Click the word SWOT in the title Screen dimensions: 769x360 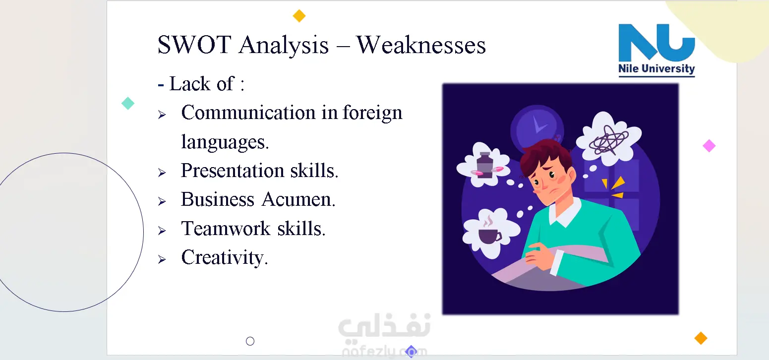tap(194, 45)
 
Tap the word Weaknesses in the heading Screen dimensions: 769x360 tap(421, 45)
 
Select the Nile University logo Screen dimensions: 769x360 tap(656, 50)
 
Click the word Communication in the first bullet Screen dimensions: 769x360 tap(248, 113)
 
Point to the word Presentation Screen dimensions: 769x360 tap(233, 171)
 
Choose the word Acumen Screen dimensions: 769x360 tap(298, 199)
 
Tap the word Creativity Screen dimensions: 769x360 tap(225, 258)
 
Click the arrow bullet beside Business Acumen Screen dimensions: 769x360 tap(162, 201)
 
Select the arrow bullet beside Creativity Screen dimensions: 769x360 tap(162, 259)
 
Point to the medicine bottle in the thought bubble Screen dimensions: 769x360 tap(485, 165)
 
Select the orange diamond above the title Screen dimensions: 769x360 tap(299, 16)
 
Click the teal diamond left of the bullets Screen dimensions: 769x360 tap(128, 103)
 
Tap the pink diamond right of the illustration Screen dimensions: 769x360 tap(709, 146)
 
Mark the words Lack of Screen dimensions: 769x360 tap(202, 84)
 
